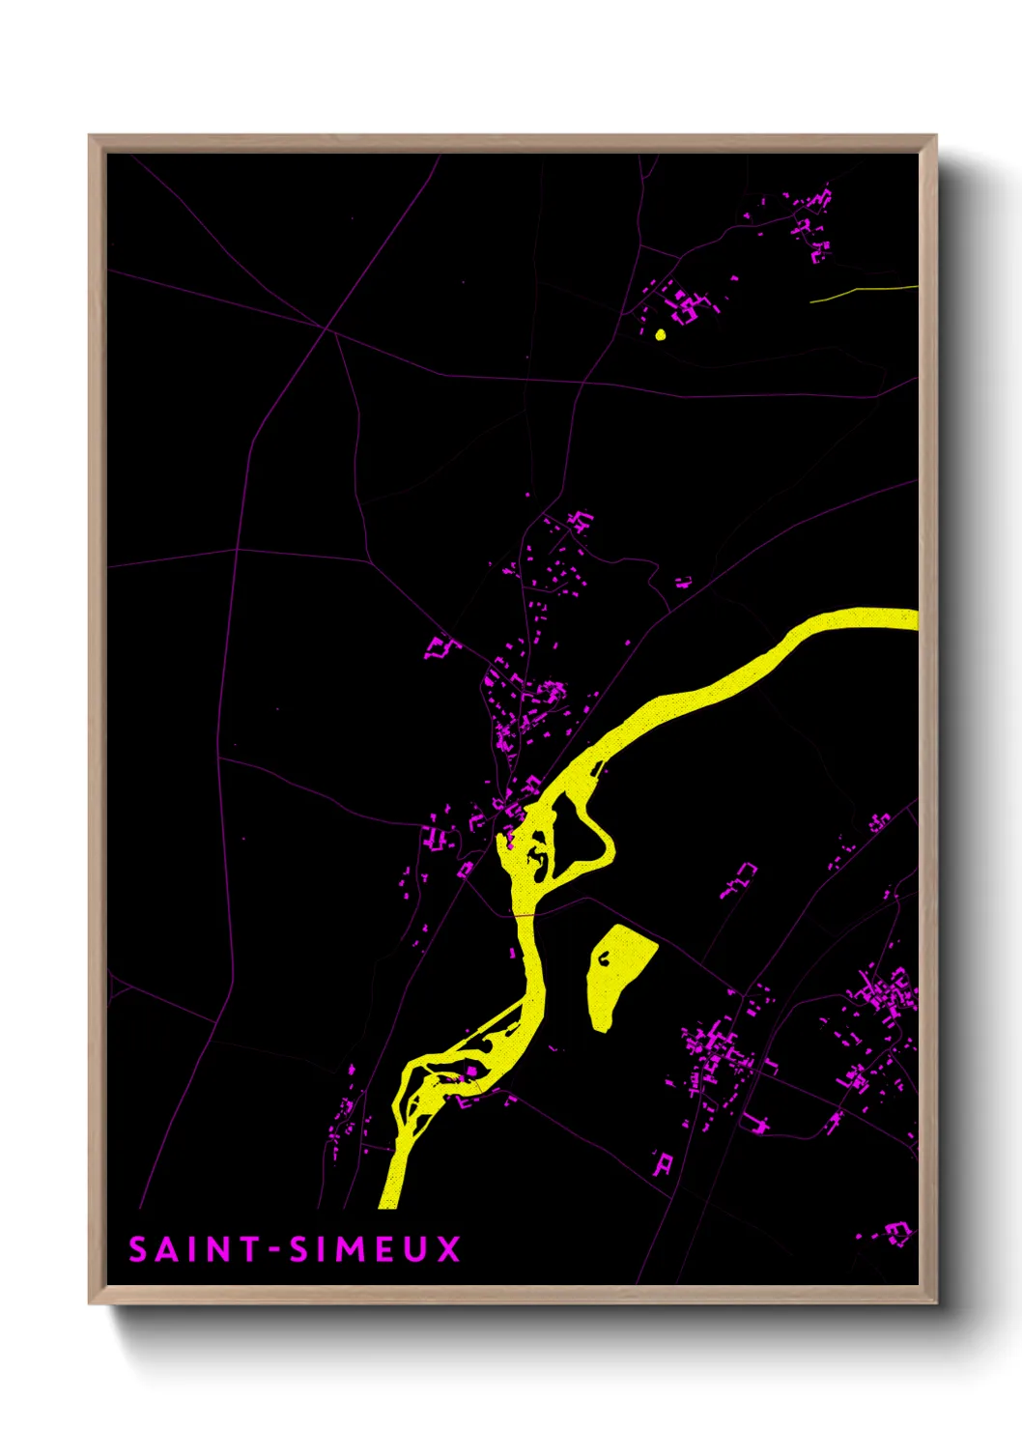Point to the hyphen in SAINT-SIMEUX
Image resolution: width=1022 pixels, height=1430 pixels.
coord(273,1250)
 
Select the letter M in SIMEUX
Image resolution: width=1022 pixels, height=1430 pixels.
coord(354,1249)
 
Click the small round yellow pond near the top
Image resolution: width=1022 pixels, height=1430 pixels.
coord(661,335)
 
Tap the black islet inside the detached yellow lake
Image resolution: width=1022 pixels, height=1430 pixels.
coord(604,958)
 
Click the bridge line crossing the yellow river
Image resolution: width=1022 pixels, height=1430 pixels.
coord(523,913)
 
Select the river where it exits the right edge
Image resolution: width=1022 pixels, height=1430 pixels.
coord(908,618)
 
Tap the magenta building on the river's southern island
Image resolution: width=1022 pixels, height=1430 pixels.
coord(470,1071)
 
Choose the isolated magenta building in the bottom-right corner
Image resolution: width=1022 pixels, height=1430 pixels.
coord(897,1232)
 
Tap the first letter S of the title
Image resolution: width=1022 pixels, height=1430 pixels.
coord(138,1249)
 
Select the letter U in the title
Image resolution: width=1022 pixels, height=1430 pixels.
coord(415,1249)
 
